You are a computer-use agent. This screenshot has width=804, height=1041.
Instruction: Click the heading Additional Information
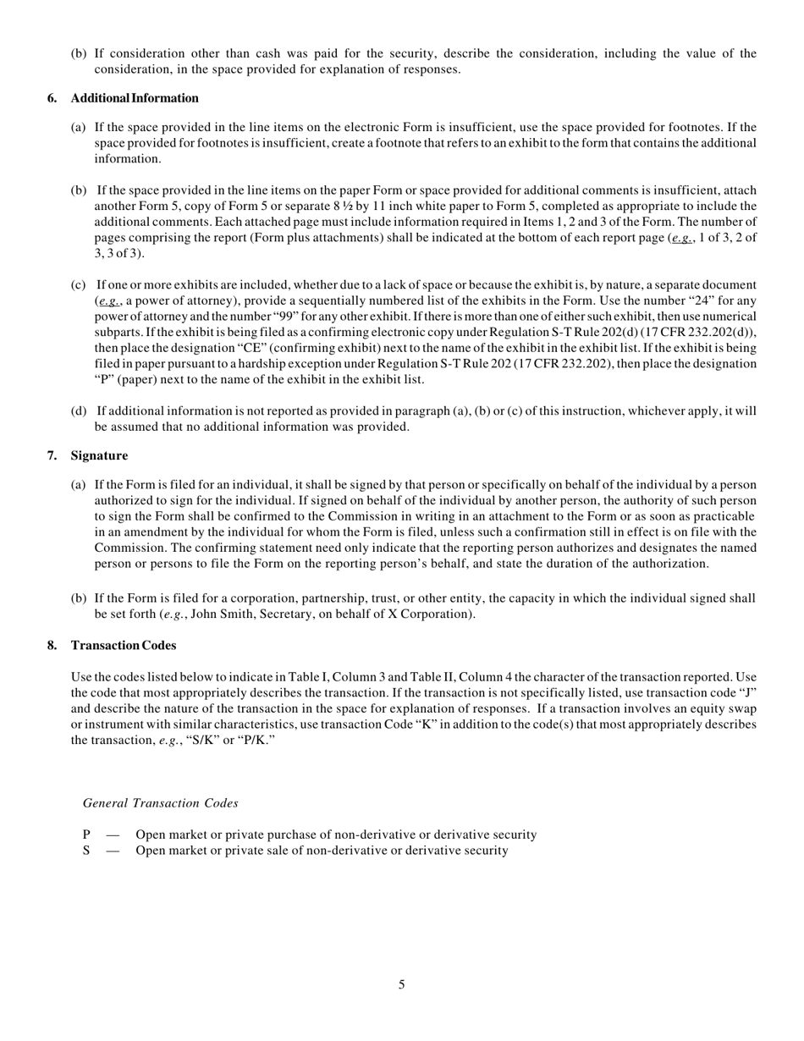(x=135, y=98)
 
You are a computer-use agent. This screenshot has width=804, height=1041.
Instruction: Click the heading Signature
(x=99, y=455)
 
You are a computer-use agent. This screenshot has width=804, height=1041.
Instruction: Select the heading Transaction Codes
(x=124, y=645)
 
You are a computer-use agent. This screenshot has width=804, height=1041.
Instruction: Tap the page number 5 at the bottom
(x=401, y=984)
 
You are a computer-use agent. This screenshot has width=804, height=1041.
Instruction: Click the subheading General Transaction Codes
(x=161, y=803)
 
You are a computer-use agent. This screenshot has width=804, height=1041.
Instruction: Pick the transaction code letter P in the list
(x=86, y=834)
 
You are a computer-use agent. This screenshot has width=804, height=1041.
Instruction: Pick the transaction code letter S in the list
(x=86, y=850)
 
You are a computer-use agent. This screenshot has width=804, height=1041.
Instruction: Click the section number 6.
(x=52, y=98)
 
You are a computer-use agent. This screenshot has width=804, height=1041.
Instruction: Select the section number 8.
(x=52, y=645)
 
